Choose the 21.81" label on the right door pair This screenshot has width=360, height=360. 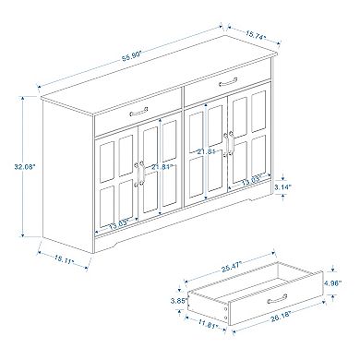(209, 151)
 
